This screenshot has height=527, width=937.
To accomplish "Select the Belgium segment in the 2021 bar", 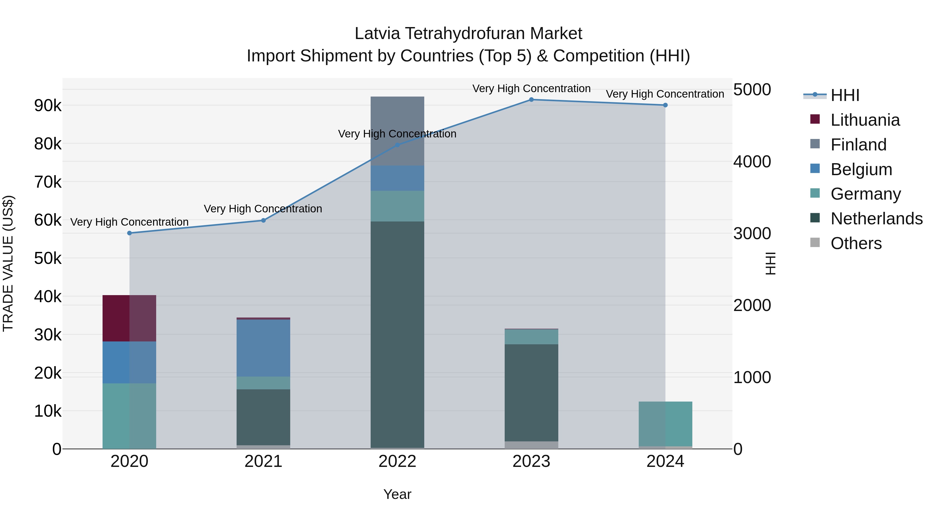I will (263, 348).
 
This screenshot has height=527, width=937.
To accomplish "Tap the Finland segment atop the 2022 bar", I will (397, 131).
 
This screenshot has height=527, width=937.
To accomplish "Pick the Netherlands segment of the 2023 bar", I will (531, 393).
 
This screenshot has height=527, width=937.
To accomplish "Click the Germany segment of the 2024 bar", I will (665, 424).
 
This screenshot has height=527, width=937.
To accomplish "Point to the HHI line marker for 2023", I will (531, 100).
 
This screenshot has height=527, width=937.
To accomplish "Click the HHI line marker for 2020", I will (130, 233).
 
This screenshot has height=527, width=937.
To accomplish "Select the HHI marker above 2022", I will (397, 145).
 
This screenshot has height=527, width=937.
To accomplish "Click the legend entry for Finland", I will (858, 145).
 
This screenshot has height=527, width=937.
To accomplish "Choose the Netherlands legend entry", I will (877, 219).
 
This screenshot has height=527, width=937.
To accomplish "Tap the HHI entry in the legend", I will (845, 95).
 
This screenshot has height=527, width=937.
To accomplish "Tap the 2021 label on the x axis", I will (263, 461).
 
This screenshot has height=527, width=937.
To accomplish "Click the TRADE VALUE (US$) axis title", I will (8, 263).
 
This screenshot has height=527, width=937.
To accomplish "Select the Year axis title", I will (397, 494).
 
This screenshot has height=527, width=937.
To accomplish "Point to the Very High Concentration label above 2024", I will (665, 94).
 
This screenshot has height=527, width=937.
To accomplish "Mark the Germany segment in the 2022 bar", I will (397, 206).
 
